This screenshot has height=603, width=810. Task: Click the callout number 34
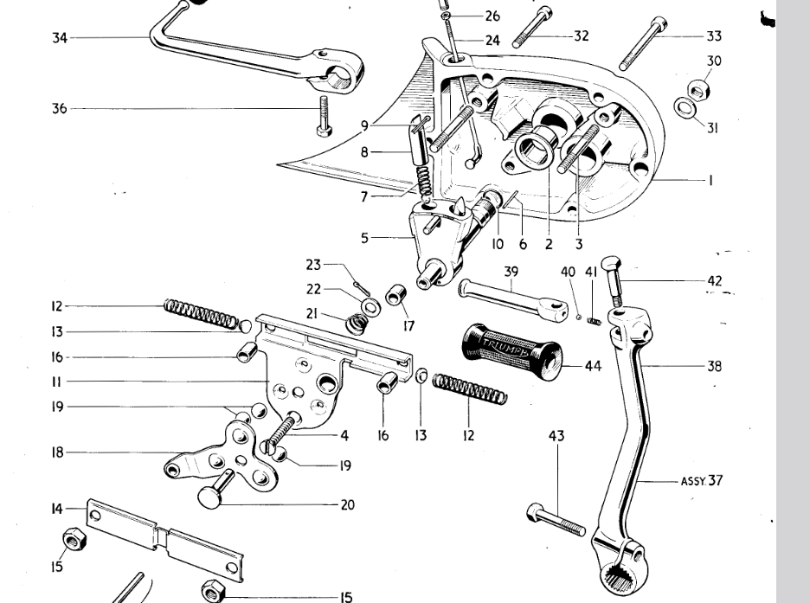[x=60, y=37]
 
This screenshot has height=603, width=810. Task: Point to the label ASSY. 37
[x=701, y=481]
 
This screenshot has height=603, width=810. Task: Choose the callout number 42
[x=714, y=281]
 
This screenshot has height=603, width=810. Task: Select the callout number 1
[x=710, y=180]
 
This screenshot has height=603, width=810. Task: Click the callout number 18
[x=58, y=452]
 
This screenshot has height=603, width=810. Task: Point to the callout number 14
[x=57, y=510]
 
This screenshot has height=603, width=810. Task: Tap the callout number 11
[x=57, y=382]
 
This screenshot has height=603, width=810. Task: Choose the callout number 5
[x=366, y=236]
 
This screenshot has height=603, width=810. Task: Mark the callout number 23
[x=313, y=265]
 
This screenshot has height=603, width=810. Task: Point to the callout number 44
[x=592, y=366]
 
